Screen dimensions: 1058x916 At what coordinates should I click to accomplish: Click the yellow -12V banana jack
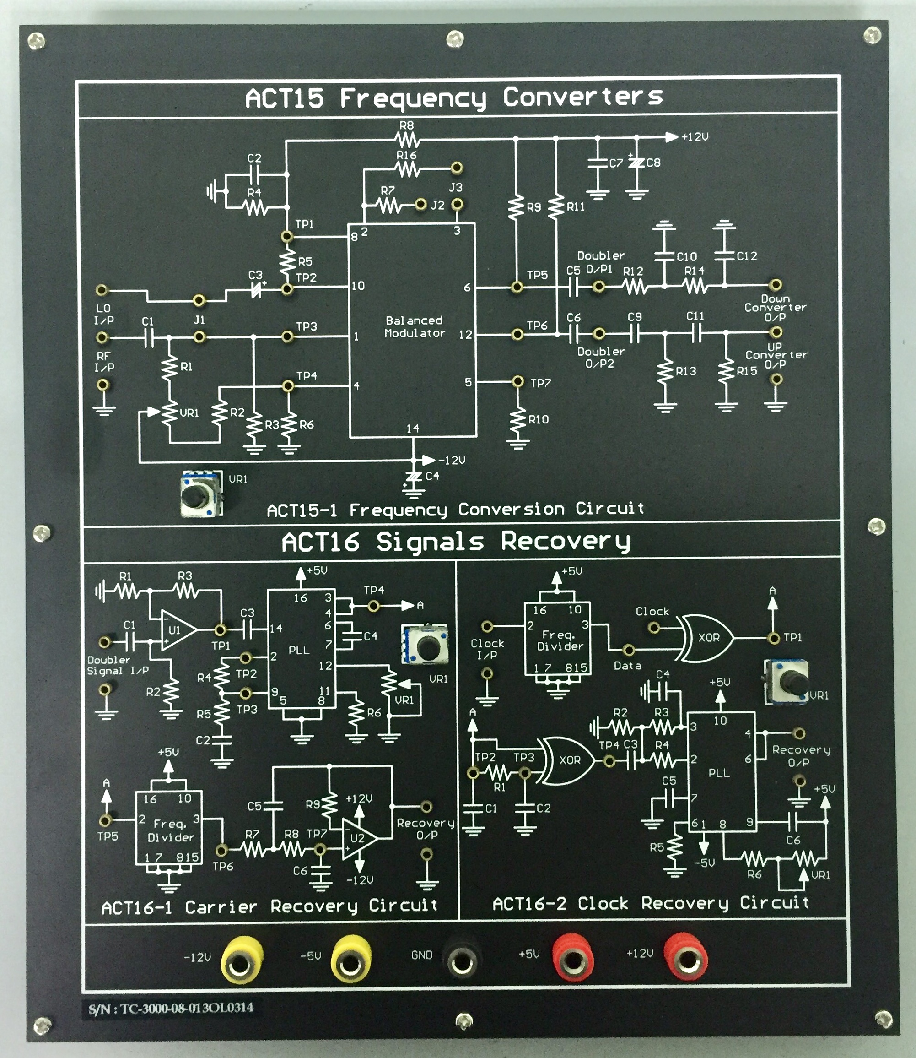241,961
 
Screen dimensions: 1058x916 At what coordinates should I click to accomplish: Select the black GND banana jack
462,960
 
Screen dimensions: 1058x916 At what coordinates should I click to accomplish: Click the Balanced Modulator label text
414,327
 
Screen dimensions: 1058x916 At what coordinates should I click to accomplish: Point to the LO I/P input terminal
102,290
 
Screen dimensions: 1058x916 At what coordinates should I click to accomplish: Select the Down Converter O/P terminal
776,284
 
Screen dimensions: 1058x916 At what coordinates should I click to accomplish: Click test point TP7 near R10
517,381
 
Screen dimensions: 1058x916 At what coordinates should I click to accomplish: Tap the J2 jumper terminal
420,205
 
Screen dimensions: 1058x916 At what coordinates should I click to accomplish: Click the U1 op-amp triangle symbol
177,630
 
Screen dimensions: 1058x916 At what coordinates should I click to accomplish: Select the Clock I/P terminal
487,626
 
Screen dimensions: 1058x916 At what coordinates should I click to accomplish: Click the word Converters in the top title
583,97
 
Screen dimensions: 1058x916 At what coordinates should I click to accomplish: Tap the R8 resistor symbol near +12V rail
407,139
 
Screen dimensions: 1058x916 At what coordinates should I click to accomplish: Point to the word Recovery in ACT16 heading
566,542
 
